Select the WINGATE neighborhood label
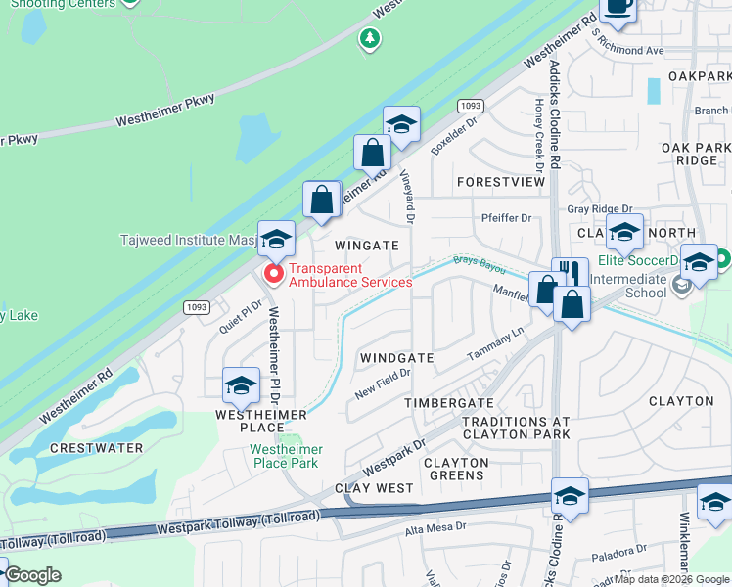click(x=367, y=246)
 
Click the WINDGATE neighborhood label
click(x=396, y=358)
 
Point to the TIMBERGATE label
click(x=449, y=403)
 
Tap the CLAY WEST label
click(x=375, y=487)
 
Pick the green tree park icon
click(x=369, y=39)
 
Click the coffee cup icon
click(x=617, y=8)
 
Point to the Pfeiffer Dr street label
click(x=505, y=218)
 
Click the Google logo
click(x=32, y=576)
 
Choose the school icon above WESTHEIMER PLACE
click(x=241, y=385)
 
